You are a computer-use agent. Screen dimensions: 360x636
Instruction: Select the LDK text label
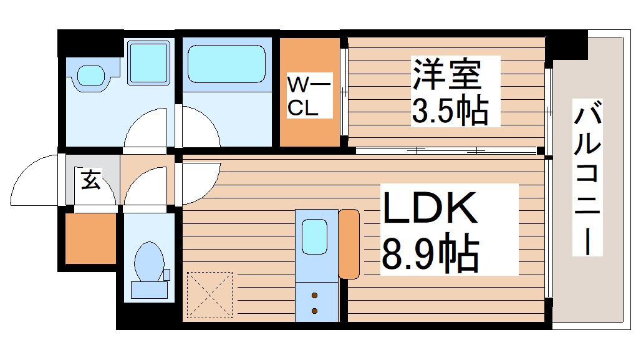(x=430, y=210)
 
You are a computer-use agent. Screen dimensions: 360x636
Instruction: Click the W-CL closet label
(x=304, y=95)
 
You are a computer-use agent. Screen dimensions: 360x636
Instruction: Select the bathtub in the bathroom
(x=226, y=64)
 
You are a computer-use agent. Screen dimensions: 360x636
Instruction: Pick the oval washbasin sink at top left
(x=92, y=76)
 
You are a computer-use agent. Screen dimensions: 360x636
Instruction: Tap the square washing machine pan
(x=148, y=62)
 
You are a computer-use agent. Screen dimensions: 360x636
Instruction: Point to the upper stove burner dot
(x=314, y=294)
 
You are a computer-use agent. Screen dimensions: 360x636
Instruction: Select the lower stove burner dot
(x=314, y=310)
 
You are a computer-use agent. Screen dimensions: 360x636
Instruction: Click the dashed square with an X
(x=210, y=295)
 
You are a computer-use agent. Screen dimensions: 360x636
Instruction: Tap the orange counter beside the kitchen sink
(x=349, y=244)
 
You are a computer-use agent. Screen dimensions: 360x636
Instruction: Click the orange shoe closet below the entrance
(x=91, y=238)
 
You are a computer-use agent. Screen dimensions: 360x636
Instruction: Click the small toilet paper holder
(x=166, y=274)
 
